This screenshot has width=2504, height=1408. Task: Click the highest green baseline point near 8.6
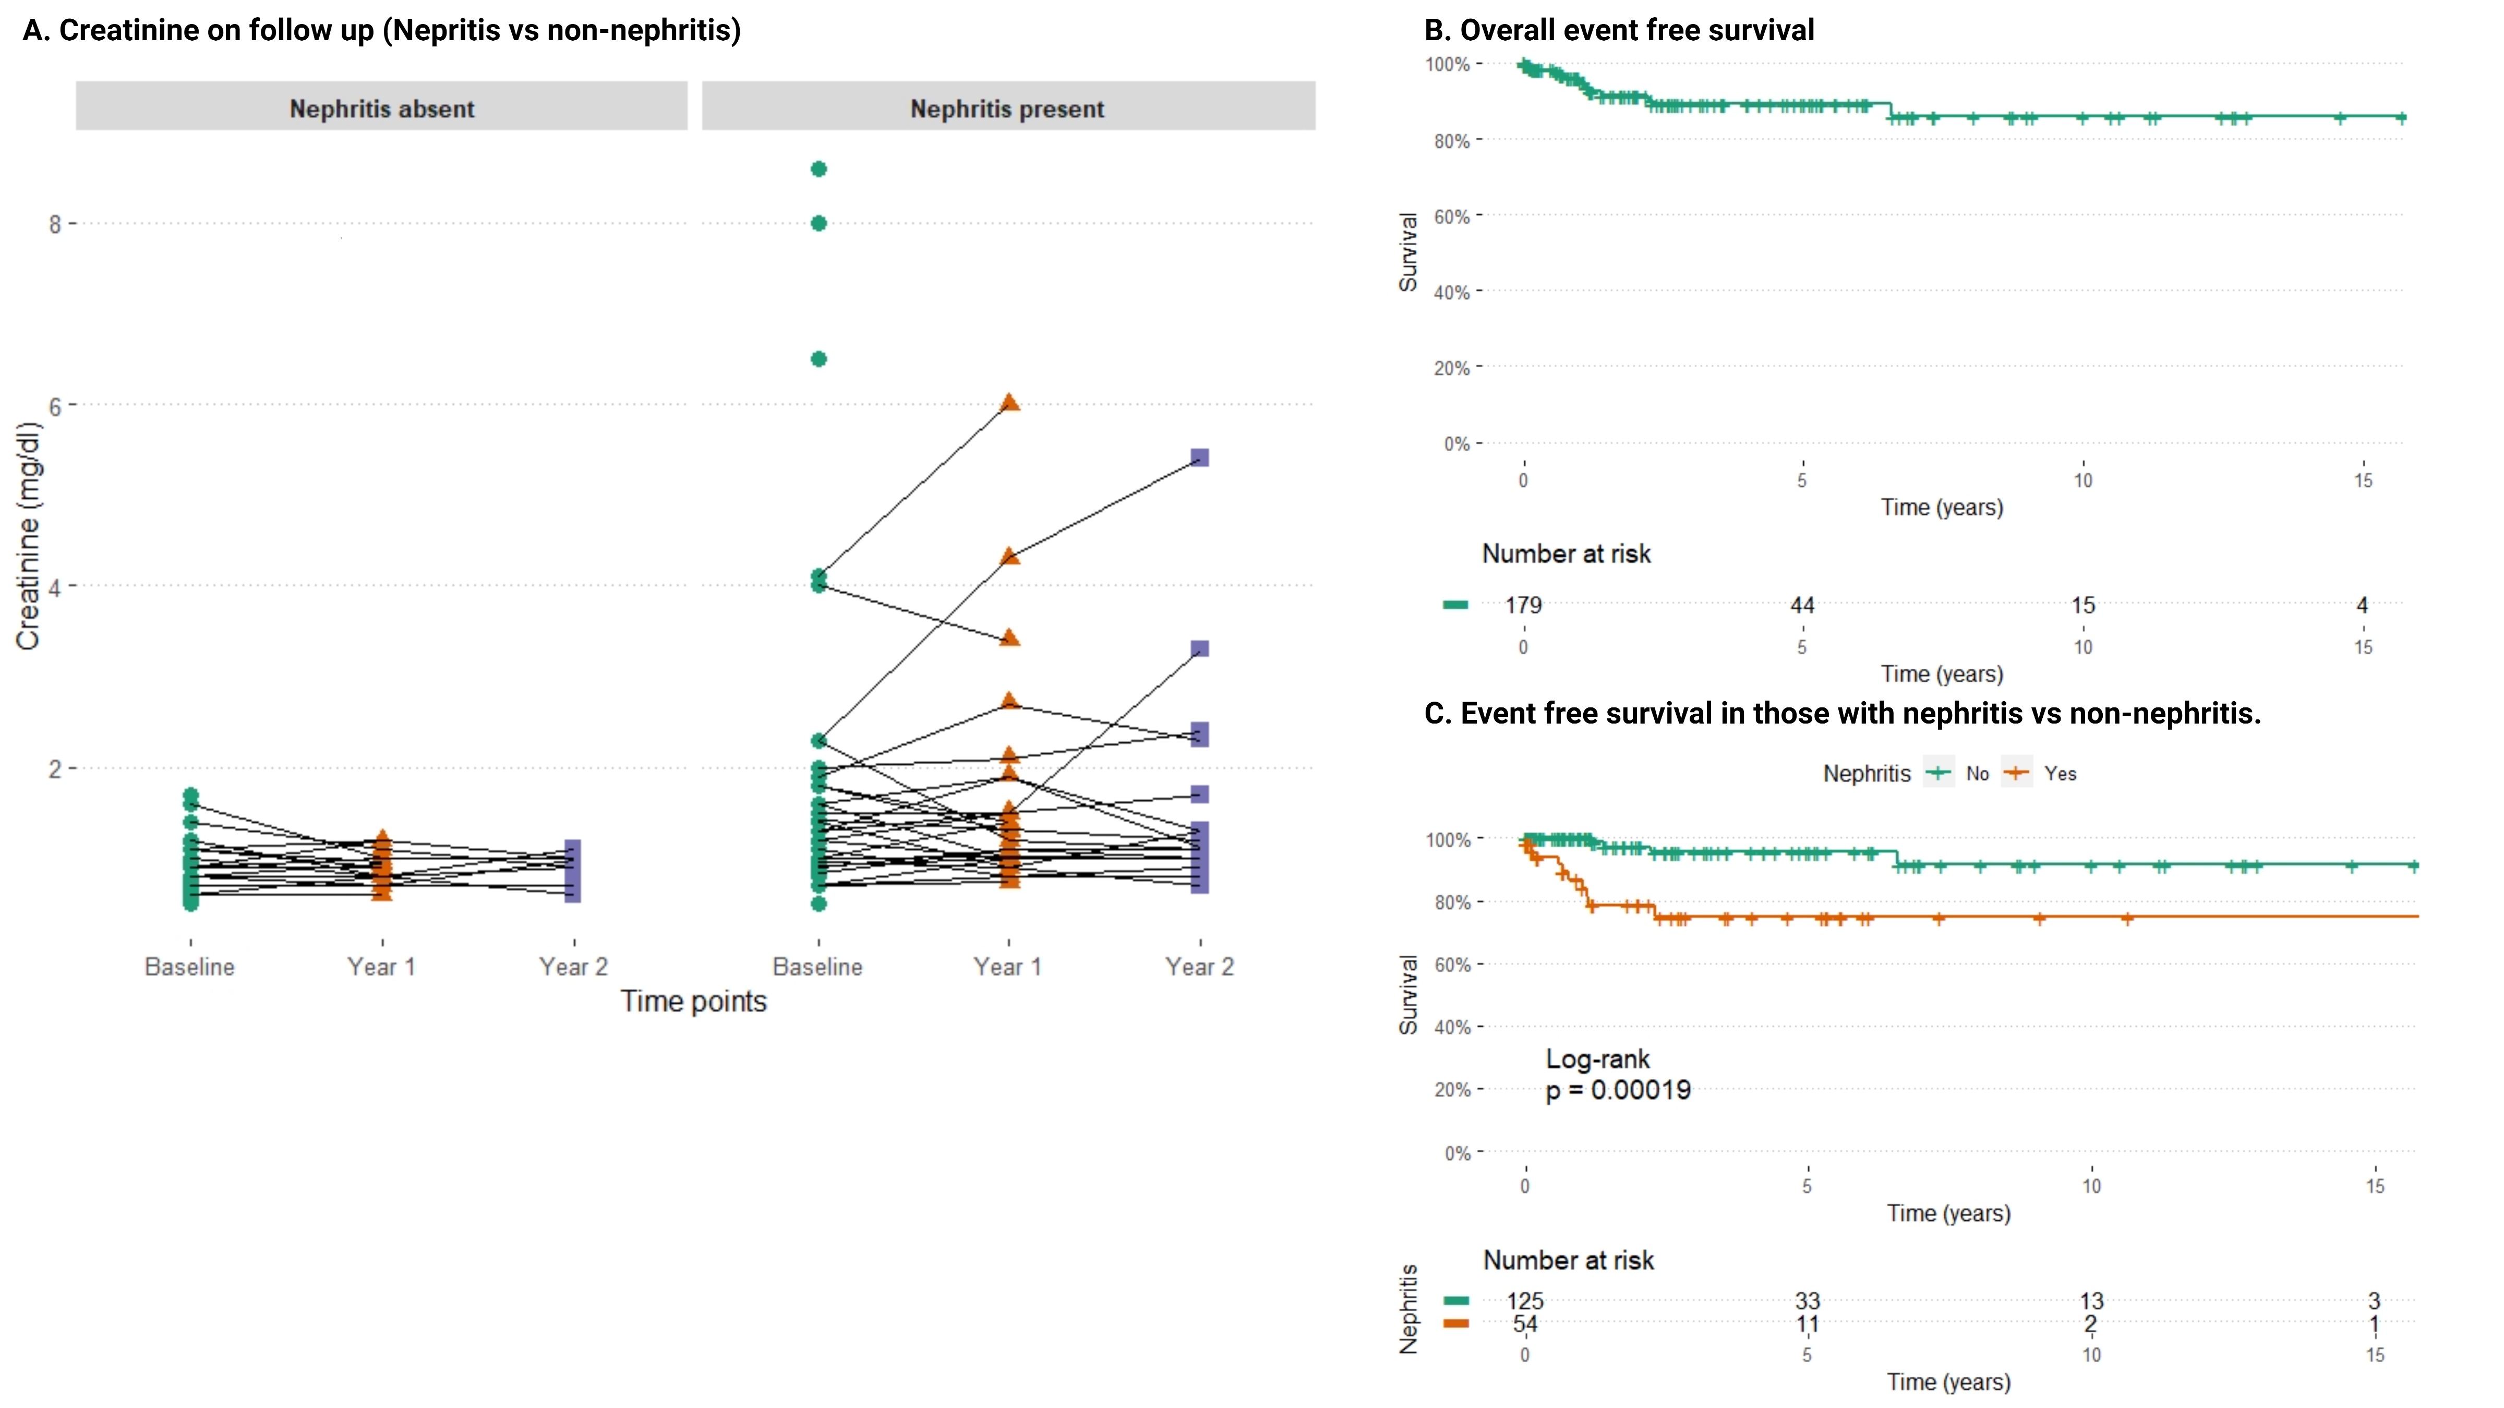point(818,169)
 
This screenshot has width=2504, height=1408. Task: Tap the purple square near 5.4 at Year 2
point(1200,458)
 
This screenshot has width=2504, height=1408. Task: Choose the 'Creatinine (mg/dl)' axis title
point(28,536)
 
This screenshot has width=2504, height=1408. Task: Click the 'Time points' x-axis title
point(693,1002)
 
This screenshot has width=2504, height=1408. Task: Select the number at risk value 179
point(1523,605)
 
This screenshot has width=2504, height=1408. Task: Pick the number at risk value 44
point(1802,605)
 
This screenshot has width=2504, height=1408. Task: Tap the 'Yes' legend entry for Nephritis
point(2060,774)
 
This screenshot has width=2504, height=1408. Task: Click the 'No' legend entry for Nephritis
point(1977,774)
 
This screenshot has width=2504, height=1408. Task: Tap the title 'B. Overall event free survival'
point(1618,30)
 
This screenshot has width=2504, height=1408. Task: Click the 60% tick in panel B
point(1451,216)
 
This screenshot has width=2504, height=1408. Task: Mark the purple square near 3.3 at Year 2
point(1200,648)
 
